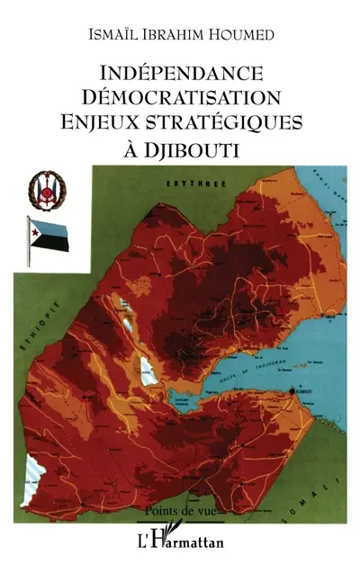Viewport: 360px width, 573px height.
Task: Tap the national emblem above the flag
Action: point(41,191)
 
